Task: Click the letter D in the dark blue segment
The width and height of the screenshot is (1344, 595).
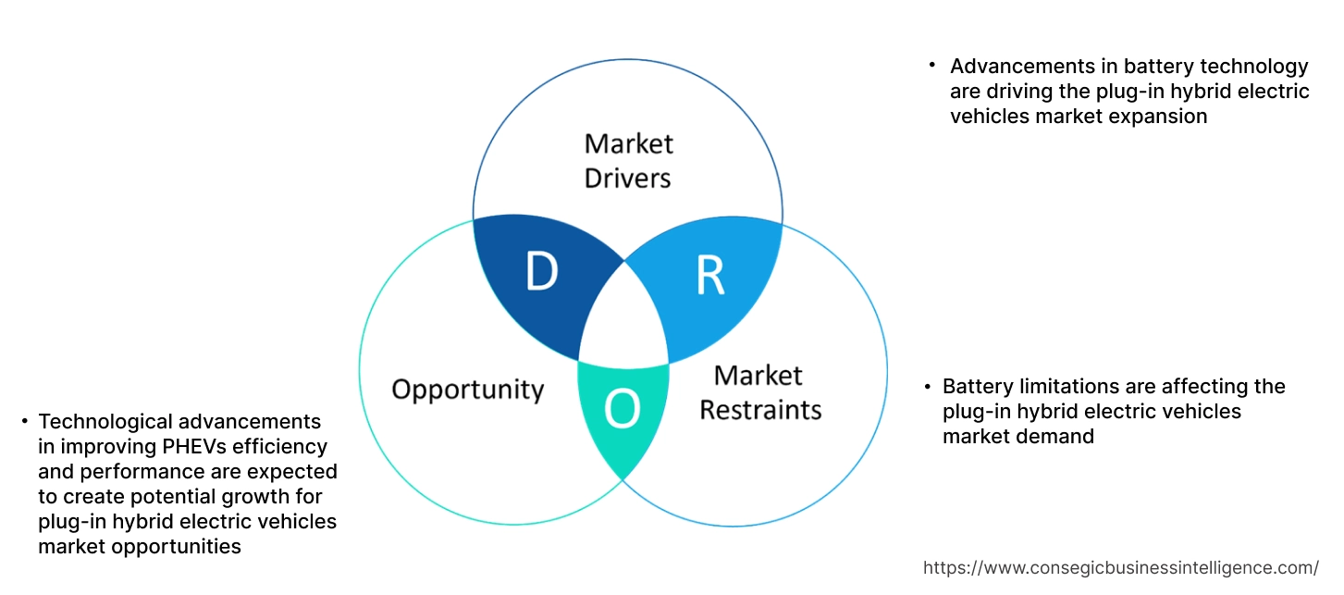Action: [542, 272]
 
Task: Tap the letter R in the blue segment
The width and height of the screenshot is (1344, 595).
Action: [709, 274]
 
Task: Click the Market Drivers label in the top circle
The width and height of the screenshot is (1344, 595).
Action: [628, 160]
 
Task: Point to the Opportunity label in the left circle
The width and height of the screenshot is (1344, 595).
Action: [467, 389]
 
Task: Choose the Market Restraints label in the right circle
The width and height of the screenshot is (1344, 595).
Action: [759, 391]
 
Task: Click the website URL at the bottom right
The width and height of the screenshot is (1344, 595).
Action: [1121, 567]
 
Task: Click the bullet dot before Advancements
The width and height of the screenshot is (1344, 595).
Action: [931, 66]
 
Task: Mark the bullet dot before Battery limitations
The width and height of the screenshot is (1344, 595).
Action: [925, 386]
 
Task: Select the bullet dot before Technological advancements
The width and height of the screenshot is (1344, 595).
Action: [23, 422]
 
